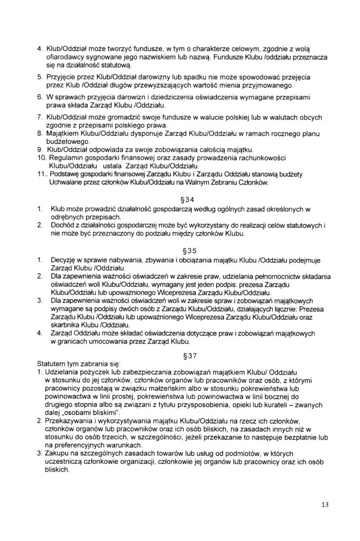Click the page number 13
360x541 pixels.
pos(325,505)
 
